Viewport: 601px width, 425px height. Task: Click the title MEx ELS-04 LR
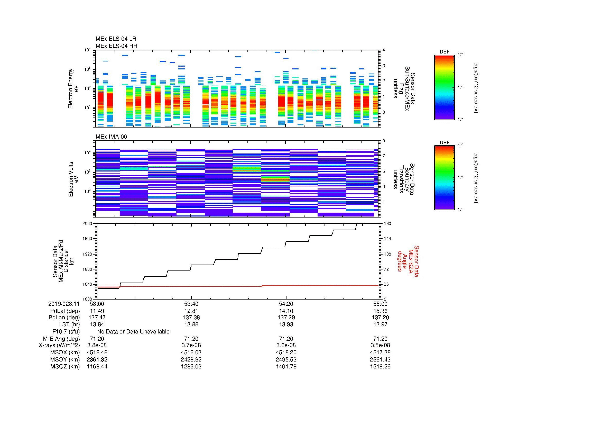[x=116, y=39]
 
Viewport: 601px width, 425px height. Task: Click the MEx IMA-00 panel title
[x=111, y=137]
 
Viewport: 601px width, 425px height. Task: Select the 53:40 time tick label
[x=191, y=304]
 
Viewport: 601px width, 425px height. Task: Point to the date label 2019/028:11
[x=64, y=304]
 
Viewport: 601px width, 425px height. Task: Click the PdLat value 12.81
[x=191, y=311]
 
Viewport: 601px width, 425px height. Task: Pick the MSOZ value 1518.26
[x=380, y=367]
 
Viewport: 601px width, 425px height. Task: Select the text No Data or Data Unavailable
[x=133, y=332]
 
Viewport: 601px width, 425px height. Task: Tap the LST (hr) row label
[x=69, y=324]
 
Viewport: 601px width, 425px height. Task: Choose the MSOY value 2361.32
[x=97, y=359]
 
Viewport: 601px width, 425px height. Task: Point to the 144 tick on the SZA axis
[x=387, y=239]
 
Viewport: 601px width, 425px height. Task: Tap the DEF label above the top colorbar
[x=444, y=52]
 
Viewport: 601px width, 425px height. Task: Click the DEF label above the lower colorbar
[x=444, y=142]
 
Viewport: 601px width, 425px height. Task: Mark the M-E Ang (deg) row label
[x=61, y=339]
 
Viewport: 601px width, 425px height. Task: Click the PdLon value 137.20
[x=380, y=317]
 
